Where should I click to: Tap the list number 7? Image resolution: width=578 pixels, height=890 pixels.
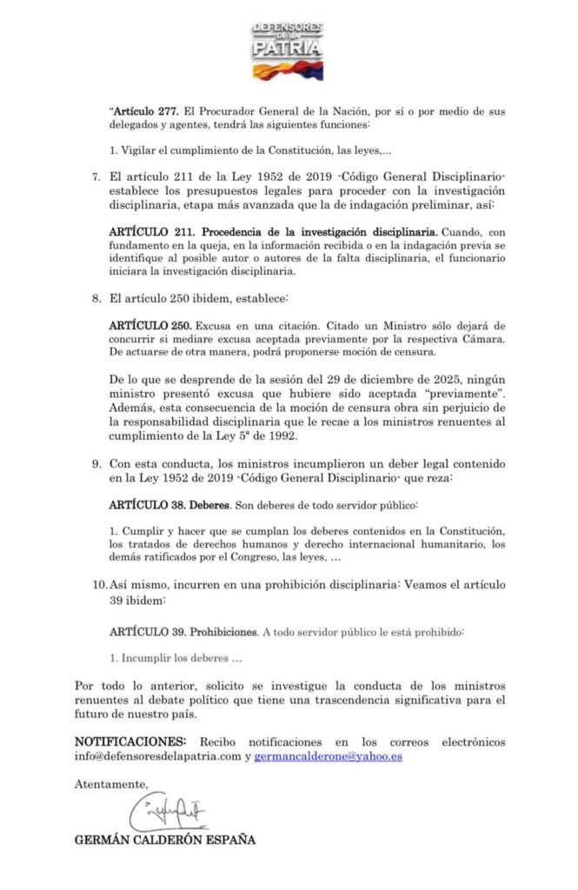pos(96,177)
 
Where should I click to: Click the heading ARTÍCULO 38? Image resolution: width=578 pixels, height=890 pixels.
pos(143,504)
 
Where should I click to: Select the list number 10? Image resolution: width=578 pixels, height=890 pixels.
pos(98,585)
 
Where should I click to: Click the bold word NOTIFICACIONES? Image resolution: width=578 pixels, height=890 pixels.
pos(130,741)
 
